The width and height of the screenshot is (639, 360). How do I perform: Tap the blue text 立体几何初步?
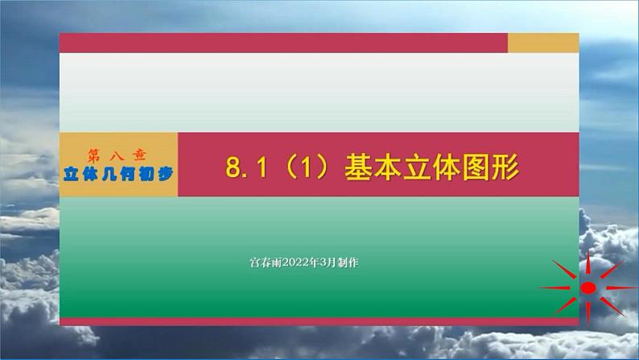[117, 172]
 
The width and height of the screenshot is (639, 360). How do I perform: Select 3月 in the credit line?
[320, 263]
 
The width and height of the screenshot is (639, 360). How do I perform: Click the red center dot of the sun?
[588, 288]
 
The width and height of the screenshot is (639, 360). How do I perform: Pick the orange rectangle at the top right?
[543, 43]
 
